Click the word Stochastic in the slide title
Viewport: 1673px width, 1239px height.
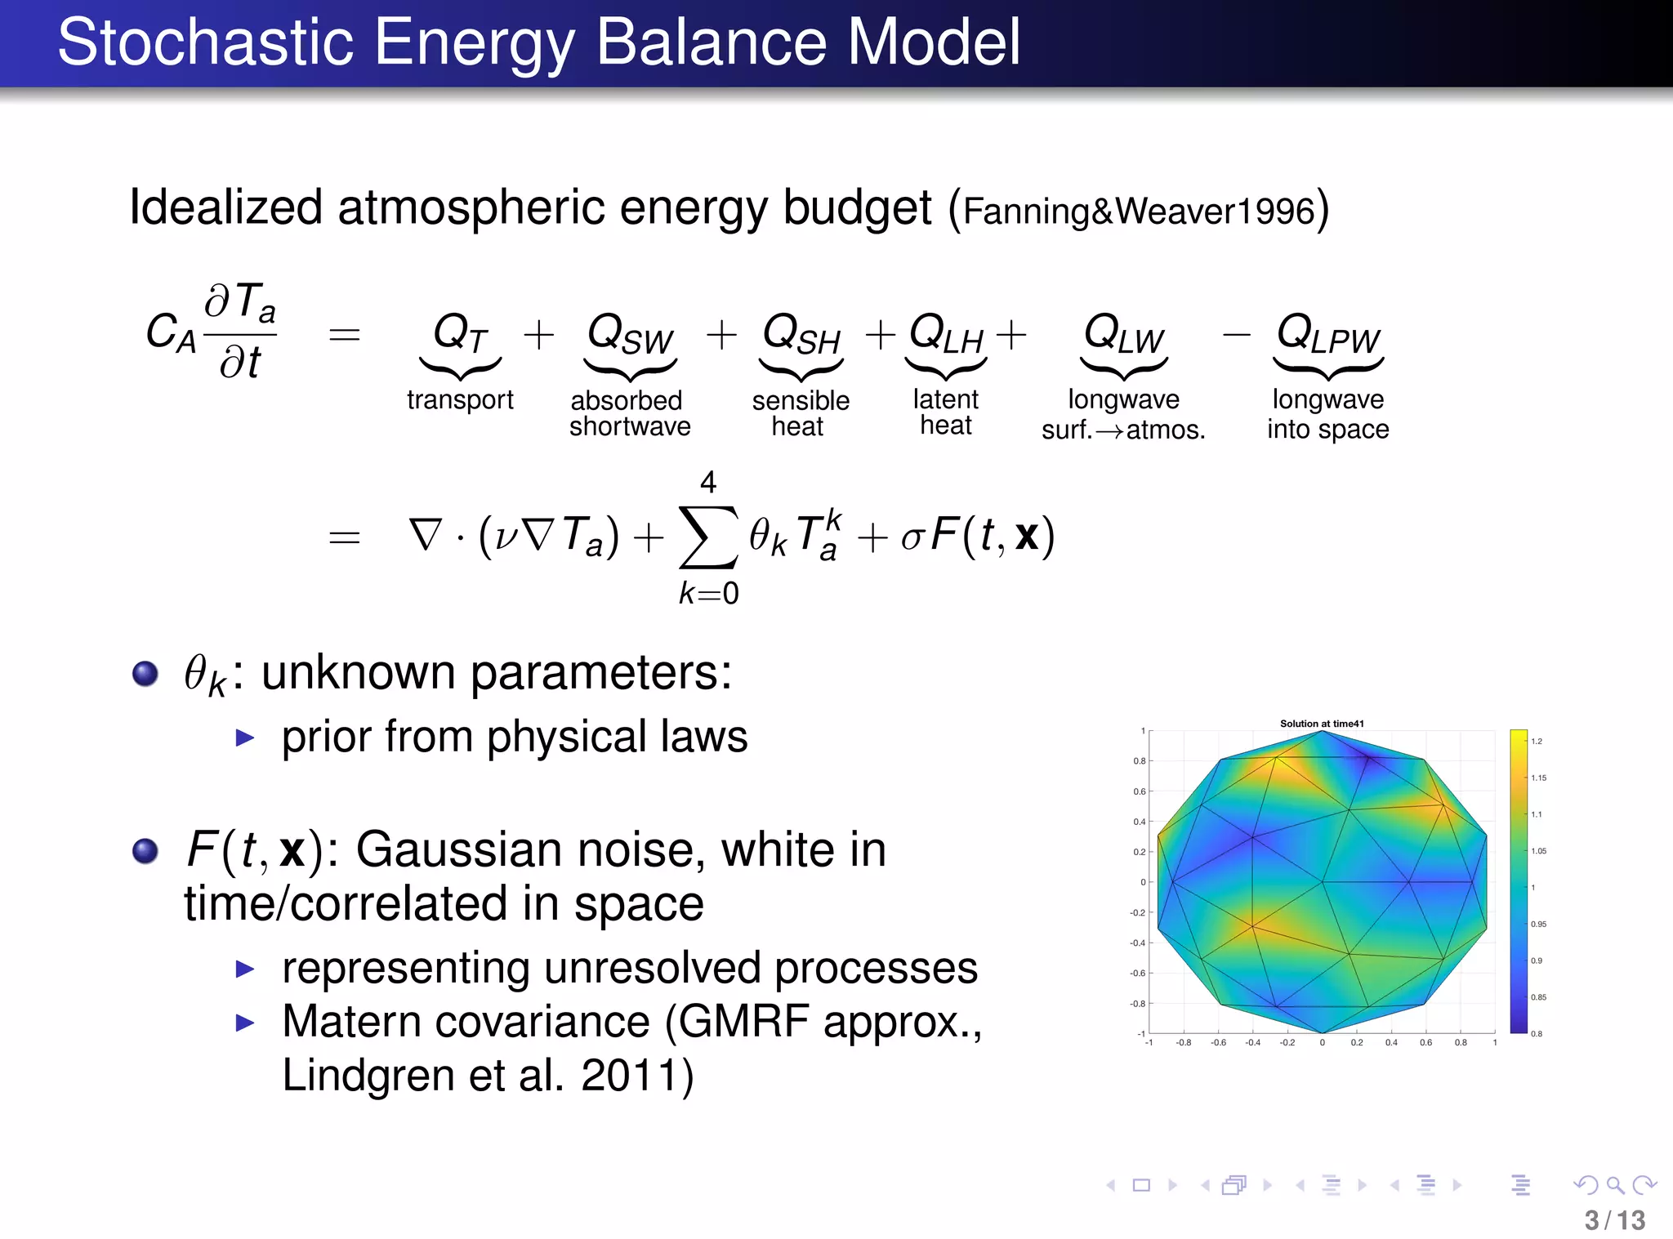pos(204,42)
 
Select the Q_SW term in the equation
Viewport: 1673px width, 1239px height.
pos(630,334)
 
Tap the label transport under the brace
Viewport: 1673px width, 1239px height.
pos(460,399)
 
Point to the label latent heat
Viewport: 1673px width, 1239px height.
pos(945,412)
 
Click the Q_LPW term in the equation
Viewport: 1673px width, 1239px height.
pos(1327,334)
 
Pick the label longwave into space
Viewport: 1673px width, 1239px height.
pos(1327,414)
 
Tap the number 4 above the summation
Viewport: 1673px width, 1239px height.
pos(708,482)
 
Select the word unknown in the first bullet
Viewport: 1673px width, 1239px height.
pos(359,673)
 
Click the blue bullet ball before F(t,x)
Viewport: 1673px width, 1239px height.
pos(145,851)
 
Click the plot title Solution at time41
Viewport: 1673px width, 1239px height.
pos(1321,724)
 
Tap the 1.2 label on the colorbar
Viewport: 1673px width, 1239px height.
pos(1537,742)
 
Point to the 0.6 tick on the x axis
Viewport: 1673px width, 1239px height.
pos(1425,1043)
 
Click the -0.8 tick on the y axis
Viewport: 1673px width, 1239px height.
pos(1137,1004)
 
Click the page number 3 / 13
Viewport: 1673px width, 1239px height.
pos(1614,1220)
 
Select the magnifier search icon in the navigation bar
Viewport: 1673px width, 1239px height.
pos(1615,1185)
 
